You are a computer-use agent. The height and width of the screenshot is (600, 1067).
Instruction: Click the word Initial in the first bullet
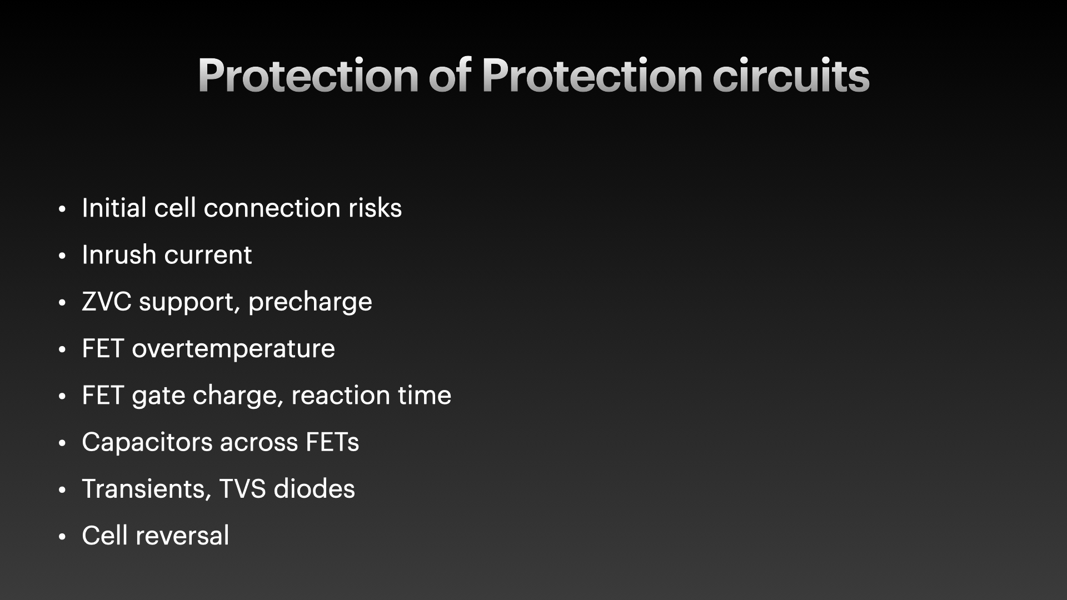pos(114,208)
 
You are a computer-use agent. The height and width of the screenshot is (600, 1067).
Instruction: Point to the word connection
pos(272,208)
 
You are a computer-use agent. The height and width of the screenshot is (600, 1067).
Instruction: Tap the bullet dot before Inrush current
pos(62,256)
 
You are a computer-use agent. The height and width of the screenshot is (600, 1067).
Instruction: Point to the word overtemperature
pos(233,349)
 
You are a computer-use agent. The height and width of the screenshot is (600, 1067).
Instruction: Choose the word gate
pos(158,396)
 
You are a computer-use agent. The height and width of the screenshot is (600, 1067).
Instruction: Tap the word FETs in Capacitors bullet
pos(332,442)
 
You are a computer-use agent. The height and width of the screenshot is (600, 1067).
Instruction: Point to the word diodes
pos(314,489)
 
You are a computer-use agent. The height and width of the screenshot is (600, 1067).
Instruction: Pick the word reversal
pos(183,536)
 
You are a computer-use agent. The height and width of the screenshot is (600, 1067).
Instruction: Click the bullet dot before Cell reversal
pos(62,537)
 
